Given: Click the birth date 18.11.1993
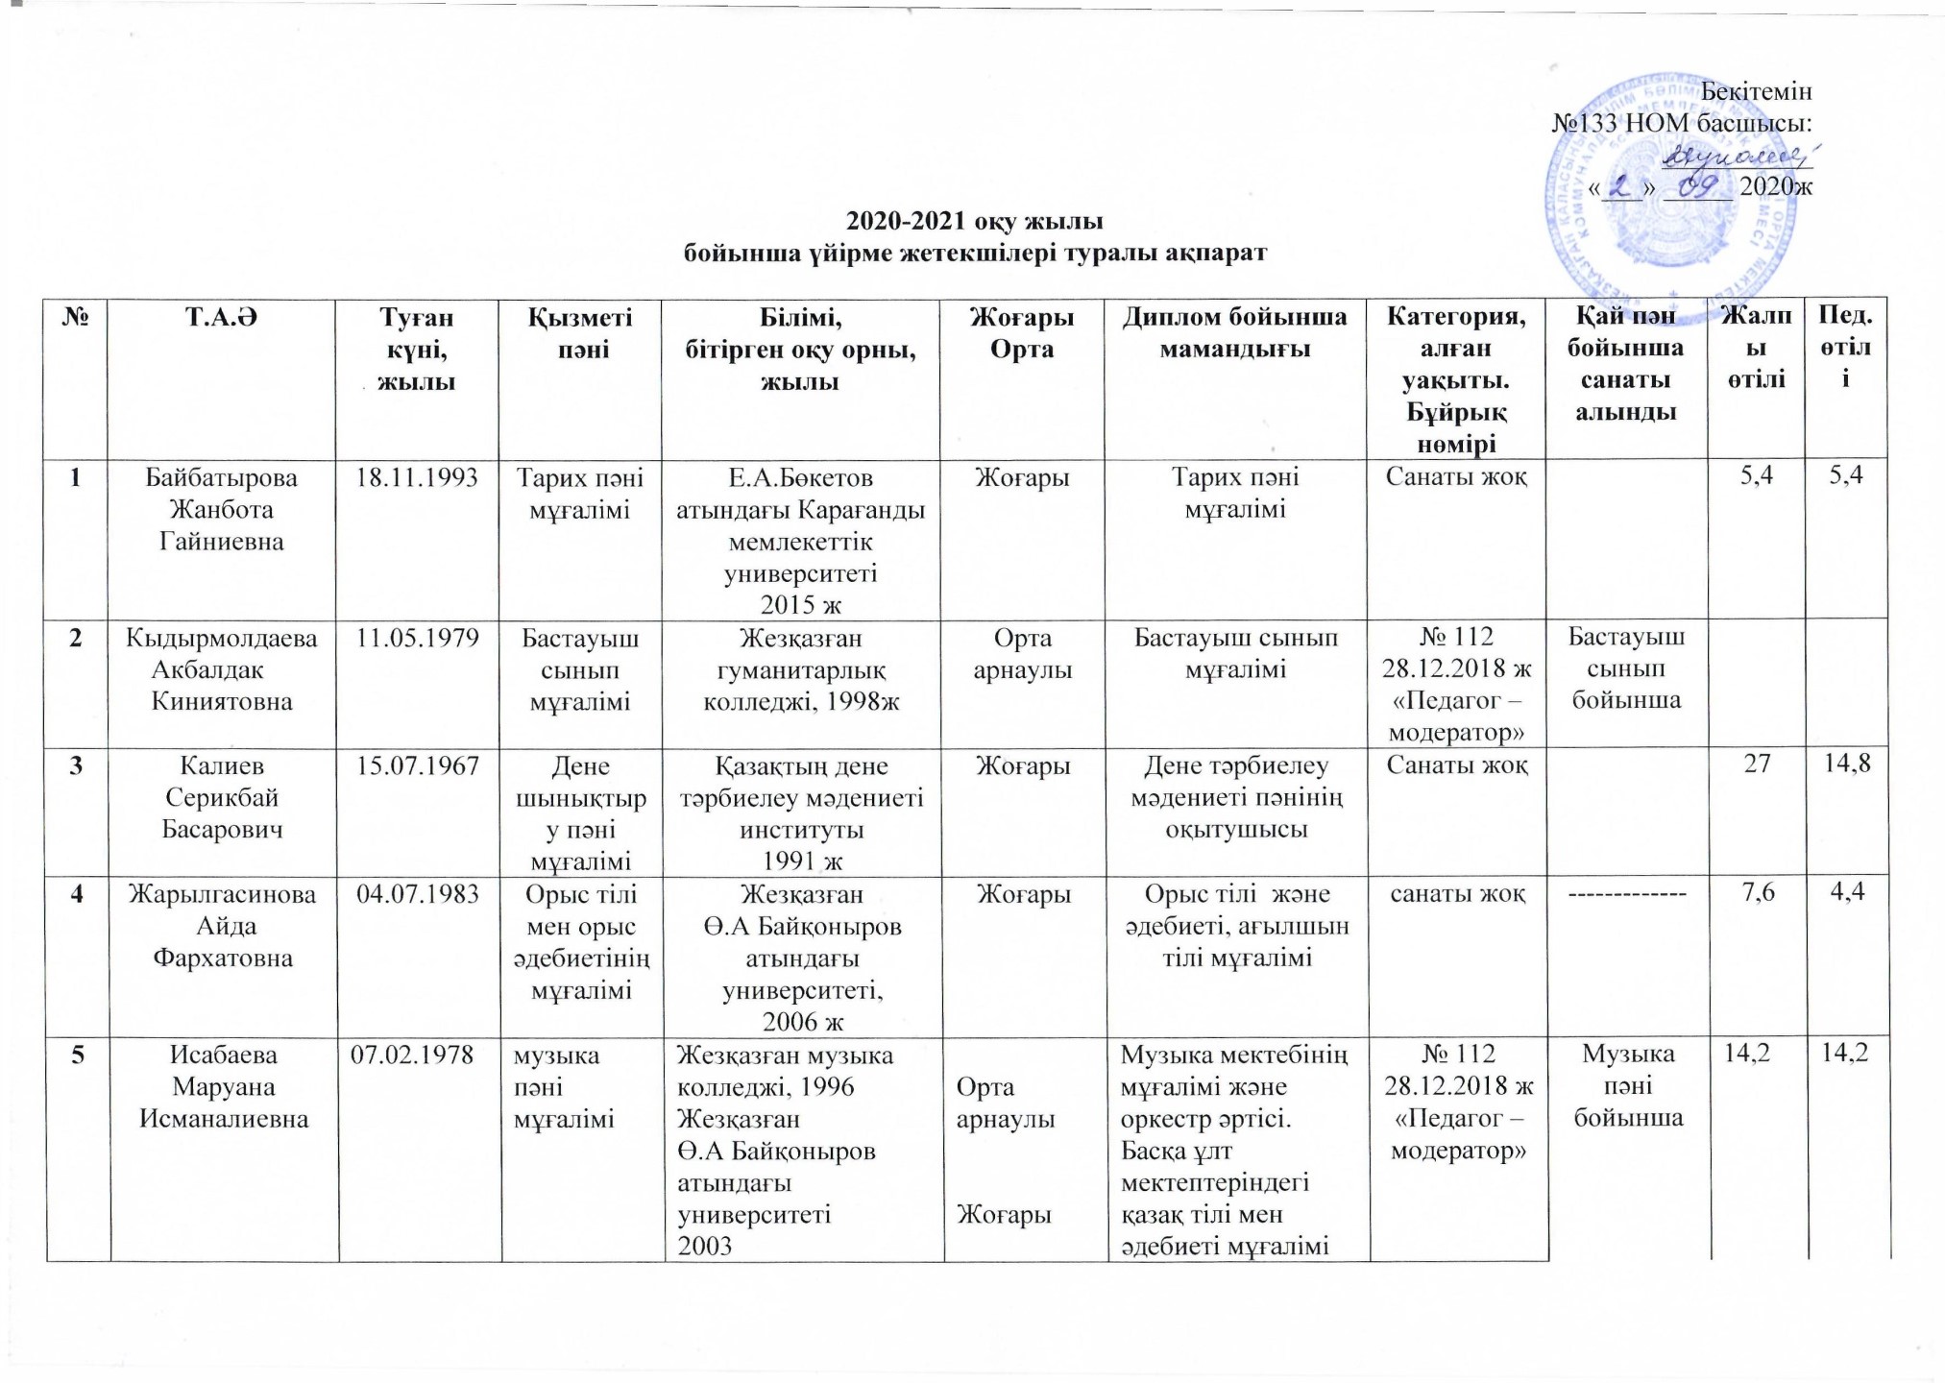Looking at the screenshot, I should click(417, 477).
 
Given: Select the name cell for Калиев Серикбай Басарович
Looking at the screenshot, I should click(222, 797).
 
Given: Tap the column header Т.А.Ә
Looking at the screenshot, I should click(221, 316).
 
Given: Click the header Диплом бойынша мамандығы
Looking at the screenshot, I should click(1237, 331).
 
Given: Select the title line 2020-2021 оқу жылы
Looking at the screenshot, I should click(974, 222).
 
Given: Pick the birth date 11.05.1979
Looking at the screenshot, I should click(417, 638).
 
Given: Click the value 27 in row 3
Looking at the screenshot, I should click(1757, 766).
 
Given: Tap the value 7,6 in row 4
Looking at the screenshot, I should click(1757, 895).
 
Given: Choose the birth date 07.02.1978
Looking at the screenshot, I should click(417, 1055).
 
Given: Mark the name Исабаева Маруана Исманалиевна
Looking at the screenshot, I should click(224, 1086).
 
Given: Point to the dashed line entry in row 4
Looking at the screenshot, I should click(1626, 895).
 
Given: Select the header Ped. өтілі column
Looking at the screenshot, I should click(1845, 346).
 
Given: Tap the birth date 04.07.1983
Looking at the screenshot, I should click(417, 895).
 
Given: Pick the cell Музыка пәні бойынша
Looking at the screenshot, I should click(1626, 1085).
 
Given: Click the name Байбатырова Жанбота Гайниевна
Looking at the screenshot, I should click(222, 509).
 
